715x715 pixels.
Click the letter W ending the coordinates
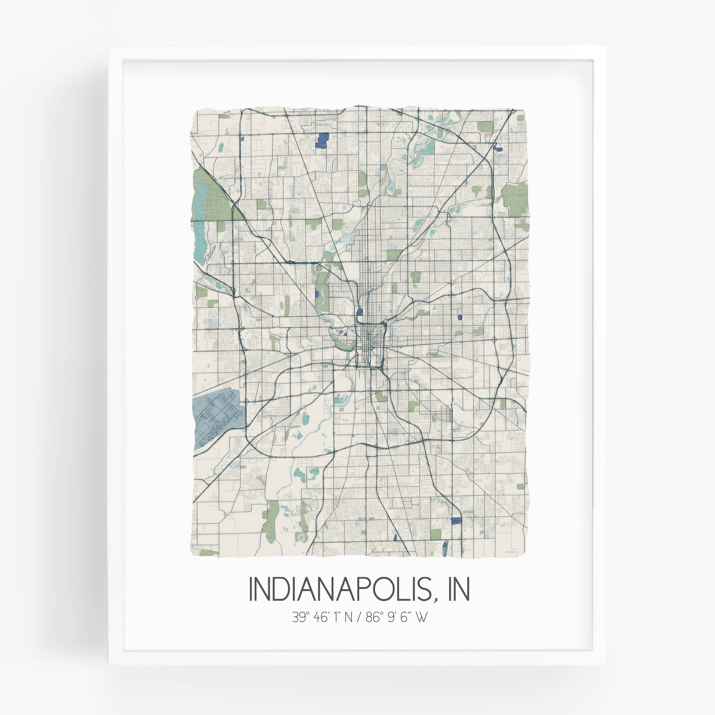(x=421, y=617)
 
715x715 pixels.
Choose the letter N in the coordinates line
(x=348, y=617)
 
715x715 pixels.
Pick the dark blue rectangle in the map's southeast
(x=457, y=521)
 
